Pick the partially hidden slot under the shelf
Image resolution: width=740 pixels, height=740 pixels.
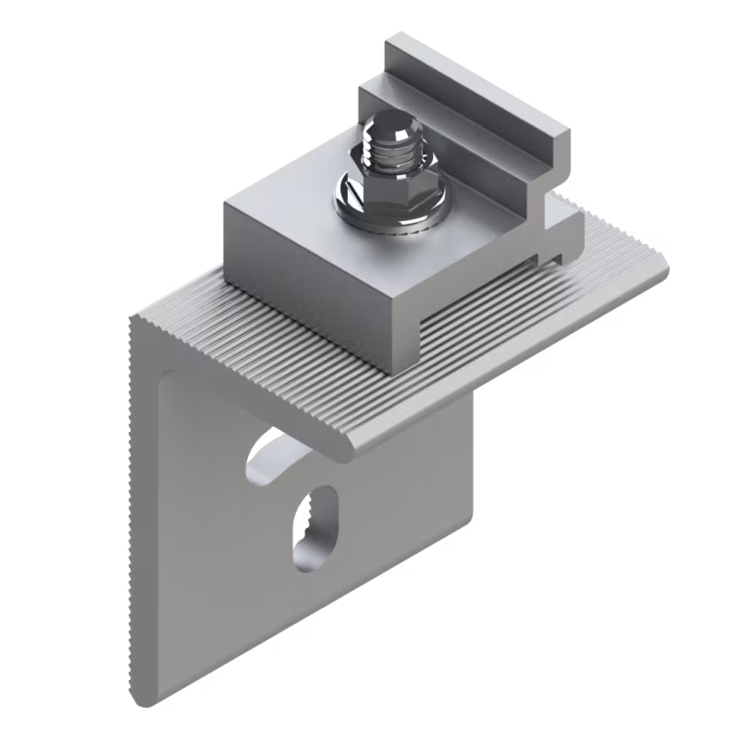tap(268, 453)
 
